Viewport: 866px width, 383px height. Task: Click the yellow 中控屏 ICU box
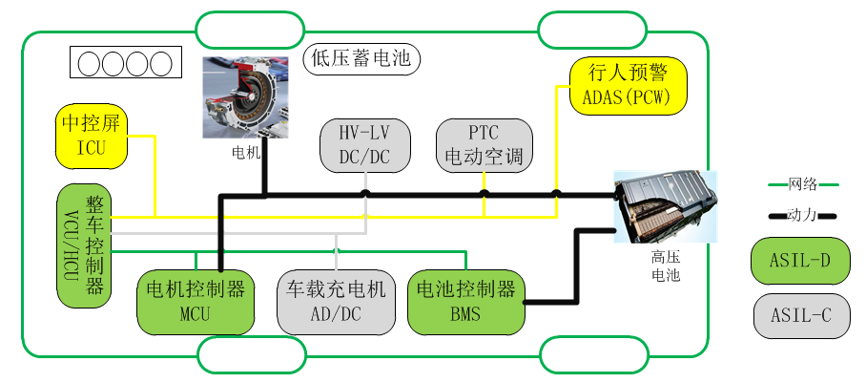click(92, 136)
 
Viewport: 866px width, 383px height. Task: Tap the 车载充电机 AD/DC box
click(337, 301)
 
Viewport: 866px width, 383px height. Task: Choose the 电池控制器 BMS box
click(466, 301)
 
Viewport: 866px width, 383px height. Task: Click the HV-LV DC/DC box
click(364, 144)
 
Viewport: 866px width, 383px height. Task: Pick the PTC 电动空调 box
click(484, 144)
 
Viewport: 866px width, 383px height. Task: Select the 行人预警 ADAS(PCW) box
click(627, 83)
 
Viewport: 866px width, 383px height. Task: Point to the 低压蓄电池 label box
click(361, 59)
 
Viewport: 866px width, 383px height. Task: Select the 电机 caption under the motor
click(245, 152)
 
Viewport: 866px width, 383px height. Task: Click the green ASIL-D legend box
click(799, 261)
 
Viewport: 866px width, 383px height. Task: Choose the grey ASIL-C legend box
click(799, 314)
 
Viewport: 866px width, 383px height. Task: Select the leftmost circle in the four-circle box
click(89, 64)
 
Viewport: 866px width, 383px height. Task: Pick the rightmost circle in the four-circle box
click(160, 64)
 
